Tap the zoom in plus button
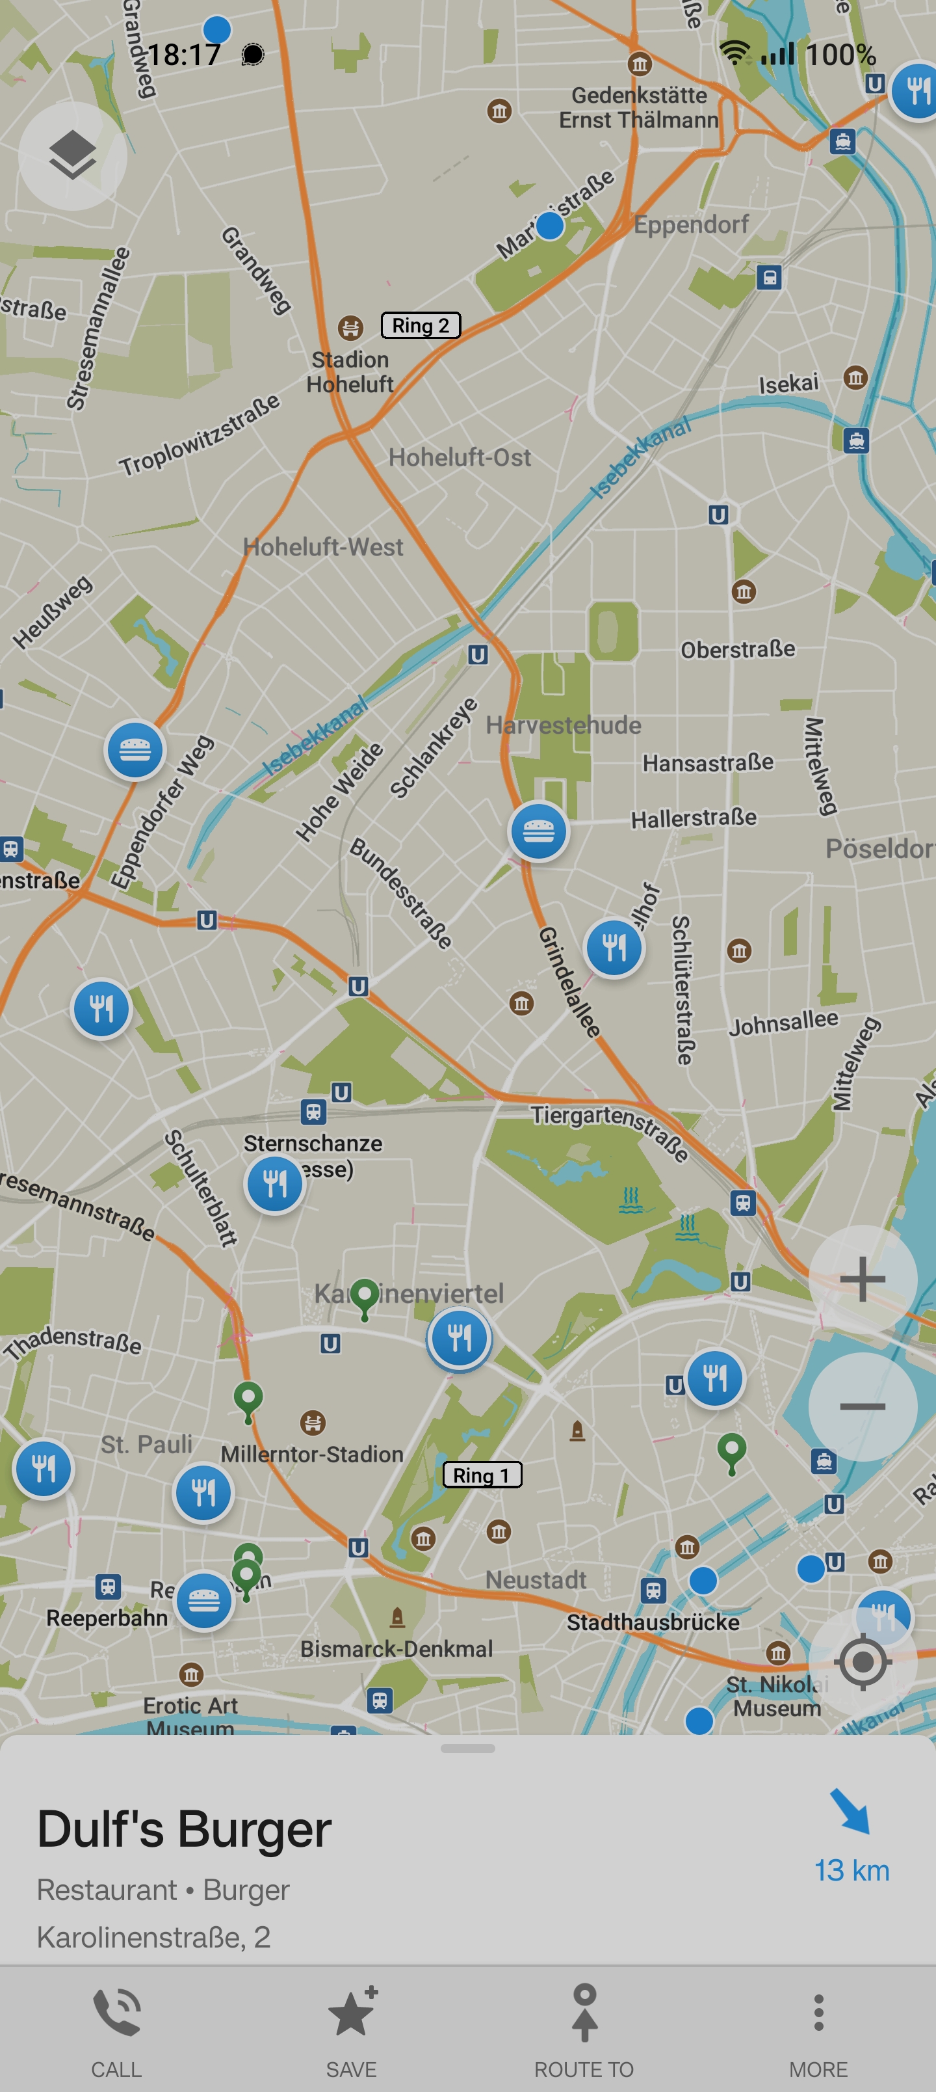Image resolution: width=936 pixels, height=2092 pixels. coord(862,1279)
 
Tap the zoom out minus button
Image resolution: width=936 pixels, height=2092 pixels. coord(862,1406)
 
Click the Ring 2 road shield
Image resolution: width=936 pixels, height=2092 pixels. coord(421,326)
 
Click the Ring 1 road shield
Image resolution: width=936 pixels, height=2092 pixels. coord(482,1475)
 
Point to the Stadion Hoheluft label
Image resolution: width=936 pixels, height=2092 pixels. coord(350,372)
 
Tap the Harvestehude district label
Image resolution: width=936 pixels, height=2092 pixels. coord(564,725)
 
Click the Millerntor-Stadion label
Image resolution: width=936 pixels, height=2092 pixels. coord(313,1455)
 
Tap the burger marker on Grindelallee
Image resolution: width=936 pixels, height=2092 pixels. coord(538,831)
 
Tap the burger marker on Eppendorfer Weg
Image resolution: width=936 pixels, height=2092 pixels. coord(135,749)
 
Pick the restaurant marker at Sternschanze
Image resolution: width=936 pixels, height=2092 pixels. coord(274,1184)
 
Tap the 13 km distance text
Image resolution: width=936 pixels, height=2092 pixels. coord(851,1870)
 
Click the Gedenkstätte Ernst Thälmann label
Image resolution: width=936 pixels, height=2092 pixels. coord(638,107)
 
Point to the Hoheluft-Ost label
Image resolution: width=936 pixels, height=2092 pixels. coord(460,457)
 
